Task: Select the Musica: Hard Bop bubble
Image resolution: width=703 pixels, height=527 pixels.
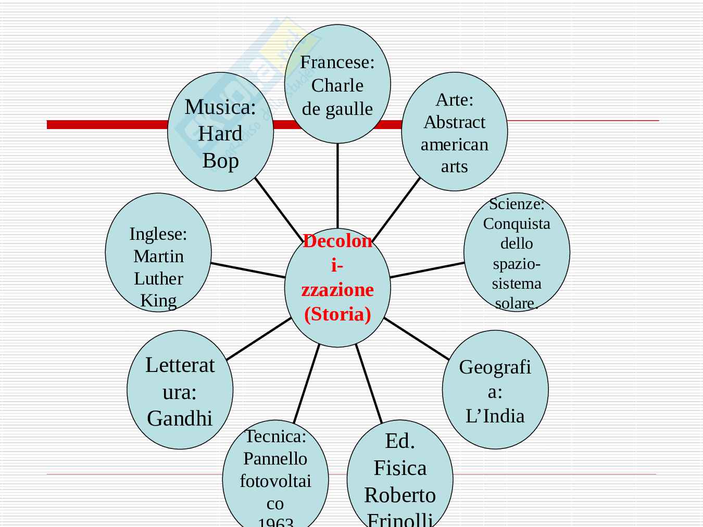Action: pyautogui.click(x=220, y=132)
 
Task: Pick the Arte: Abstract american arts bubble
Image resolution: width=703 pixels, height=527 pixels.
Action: pyautogui.click(x=454, y=132)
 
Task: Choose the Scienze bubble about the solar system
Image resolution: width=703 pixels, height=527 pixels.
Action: pyautogui.click(x=517, y=253)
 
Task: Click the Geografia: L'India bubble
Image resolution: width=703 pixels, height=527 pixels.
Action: pyautogui.click(x=495, y=390)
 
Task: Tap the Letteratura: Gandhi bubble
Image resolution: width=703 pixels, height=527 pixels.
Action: pyautogui.click(x=180, y=390)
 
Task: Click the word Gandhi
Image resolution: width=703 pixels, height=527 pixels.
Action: pyautogui.click(x=180, y=418)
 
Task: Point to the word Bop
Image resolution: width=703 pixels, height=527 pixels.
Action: pyautogui.click(x=220, y=161)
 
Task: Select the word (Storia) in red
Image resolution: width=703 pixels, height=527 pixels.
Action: pyautogui.click(x=337, y=314)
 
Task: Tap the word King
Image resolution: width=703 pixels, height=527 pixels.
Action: pyautogui.click(x=158, y=301)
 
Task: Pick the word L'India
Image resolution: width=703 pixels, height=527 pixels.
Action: pyautogui.click(x=495, y=416)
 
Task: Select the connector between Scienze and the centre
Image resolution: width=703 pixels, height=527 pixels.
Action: pyautogui.click(x=427, y=270)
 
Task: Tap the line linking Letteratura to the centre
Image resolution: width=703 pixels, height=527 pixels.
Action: pyautogui.click(x=259, y=339)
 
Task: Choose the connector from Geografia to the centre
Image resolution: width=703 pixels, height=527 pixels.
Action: pyautogui.click(x=417, y=339)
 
